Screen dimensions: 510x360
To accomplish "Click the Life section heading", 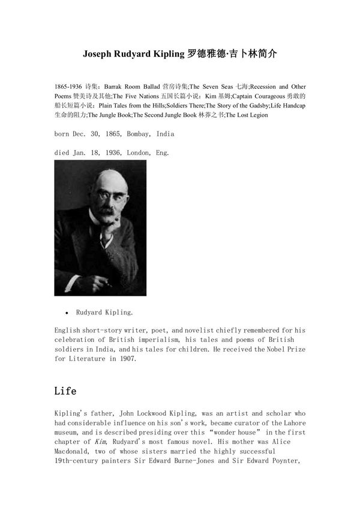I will (x=65, y=391).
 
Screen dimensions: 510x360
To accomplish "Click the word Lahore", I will (x=284, y=422).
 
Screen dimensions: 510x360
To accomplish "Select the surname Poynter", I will (x=284, y=461).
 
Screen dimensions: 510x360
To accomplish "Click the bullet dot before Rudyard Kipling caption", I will (x=67, y=313).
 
